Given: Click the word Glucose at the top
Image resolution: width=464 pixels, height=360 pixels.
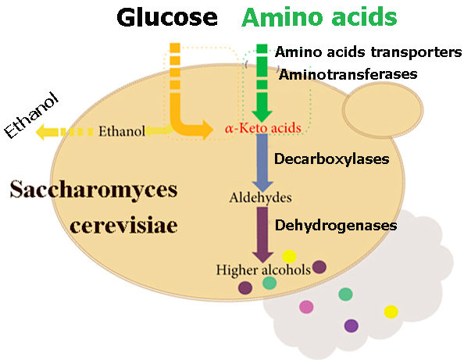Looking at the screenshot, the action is tap(167, 17).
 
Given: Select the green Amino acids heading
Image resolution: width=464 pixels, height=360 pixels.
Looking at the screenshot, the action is tap(319, 17).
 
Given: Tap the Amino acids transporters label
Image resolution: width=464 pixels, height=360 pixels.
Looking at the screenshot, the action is tap(368, 52).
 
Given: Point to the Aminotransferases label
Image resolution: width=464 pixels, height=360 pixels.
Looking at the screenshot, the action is tap(348, 74).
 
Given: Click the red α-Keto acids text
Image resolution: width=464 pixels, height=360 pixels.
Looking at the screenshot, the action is tap(263, 128).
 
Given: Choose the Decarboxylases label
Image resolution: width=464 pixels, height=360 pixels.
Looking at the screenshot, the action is tap(332, 159).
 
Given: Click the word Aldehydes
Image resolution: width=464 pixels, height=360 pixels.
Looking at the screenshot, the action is tap(260, 198).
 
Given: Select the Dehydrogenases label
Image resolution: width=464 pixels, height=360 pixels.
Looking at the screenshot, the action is tap(336, 226).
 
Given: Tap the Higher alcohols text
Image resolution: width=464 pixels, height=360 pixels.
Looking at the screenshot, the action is tap(263, 269).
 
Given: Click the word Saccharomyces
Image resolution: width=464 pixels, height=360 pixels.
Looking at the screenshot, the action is tap(94, 189).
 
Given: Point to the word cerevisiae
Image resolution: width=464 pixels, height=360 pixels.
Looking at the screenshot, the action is tap(123, 226).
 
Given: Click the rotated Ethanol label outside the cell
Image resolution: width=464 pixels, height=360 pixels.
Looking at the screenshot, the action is tap(32, 115).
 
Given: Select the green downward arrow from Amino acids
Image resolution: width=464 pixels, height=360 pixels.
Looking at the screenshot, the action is tap(262, 83).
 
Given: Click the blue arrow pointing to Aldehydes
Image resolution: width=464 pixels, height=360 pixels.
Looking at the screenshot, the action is tap(262, 162).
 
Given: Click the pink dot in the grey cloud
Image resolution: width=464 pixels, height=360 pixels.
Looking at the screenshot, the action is tap(306, 307).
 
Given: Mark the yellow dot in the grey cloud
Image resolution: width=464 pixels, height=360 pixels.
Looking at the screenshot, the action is tap(391, 312).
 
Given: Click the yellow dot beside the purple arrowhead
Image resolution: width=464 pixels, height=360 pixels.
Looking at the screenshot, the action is tap(289, 256).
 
